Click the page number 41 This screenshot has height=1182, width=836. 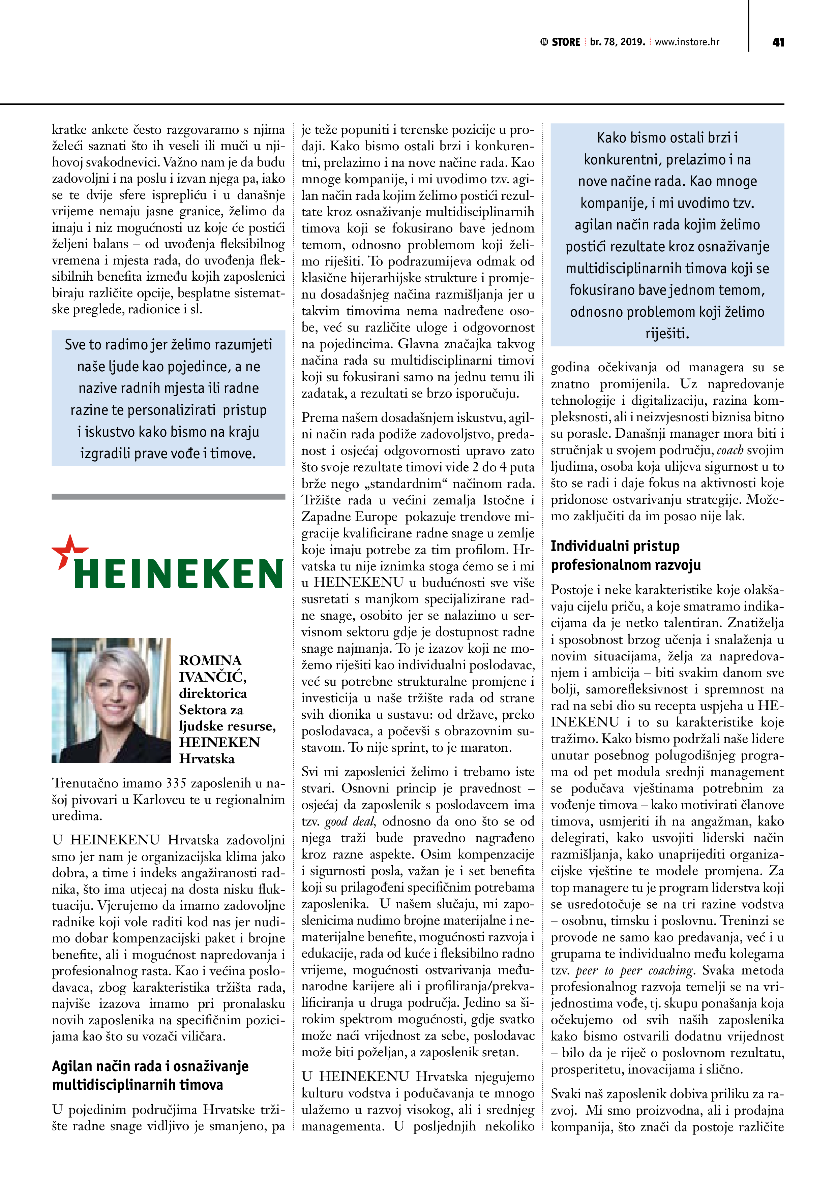pyautogui.click(x=778, y=42)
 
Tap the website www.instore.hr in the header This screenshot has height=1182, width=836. pyautogui.click(x=687, y=42)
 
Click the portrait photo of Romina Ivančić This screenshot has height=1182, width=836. pyautogui.click(x=111, y=700)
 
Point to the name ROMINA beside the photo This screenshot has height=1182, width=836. pyautogui.click(x=210, y=660)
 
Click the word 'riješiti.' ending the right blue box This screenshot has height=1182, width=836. pyautogui.click(x=667, y=334)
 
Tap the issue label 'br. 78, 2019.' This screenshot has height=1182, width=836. pyautogui.click(x=617, y=42)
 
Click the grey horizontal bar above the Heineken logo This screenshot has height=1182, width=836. pyautogui.click(x=169, y=497)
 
